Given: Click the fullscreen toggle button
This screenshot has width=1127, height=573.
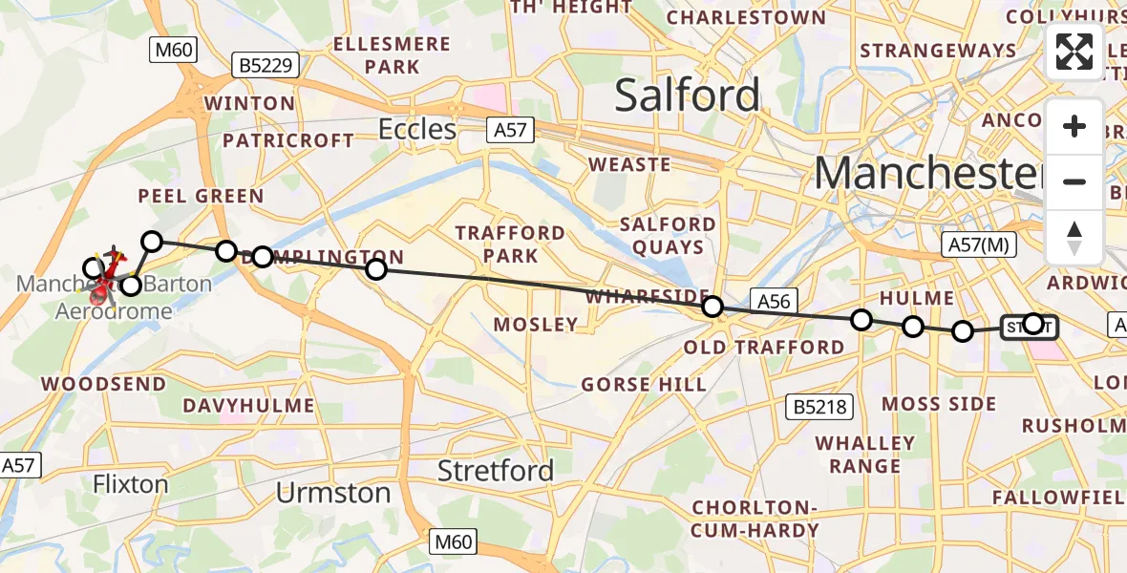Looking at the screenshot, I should coord(1074,52).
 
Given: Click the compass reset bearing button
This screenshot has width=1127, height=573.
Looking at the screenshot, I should coord(1074,236).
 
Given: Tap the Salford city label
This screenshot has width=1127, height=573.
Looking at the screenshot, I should coord(687,95).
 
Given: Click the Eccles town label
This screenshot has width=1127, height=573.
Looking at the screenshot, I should coord(417,129).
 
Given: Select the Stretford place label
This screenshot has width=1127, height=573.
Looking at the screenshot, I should coord(495,471).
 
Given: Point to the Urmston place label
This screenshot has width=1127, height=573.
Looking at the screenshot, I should coord(333,494).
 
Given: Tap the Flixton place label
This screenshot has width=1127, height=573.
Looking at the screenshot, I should coord(131,484).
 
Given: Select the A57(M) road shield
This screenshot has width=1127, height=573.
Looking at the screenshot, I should coord(980,244).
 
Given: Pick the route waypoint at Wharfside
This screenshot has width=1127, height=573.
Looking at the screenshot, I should coord(712,307).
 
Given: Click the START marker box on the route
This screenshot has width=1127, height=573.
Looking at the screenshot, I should coord(1028,328).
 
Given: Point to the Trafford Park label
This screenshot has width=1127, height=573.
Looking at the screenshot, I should coord(510,244).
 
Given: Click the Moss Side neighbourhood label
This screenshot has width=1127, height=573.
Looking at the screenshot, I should coord(938,404).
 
